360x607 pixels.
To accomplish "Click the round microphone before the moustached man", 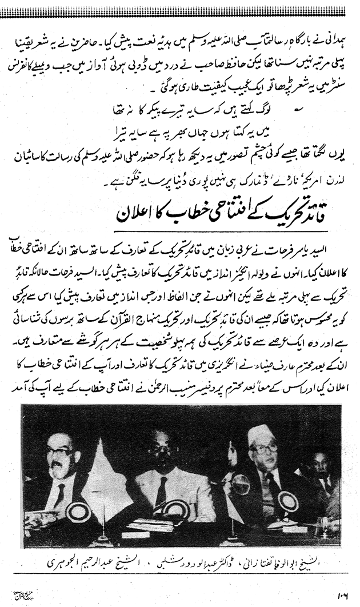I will (x=77, y=513).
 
